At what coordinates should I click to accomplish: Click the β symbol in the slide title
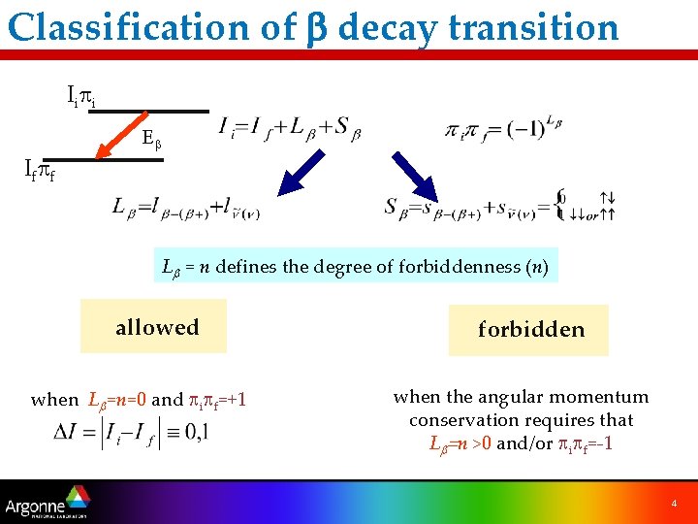coord(321,28)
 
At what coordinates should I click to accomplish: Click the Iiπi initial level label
coord(79,96)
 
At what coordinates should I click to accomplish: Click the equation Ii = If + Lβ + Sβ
coord(289,129)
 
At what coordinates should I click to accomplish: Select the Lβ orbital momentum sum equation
coord(185,207)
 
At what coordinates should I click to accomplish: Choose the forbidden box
coord(530,330)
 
